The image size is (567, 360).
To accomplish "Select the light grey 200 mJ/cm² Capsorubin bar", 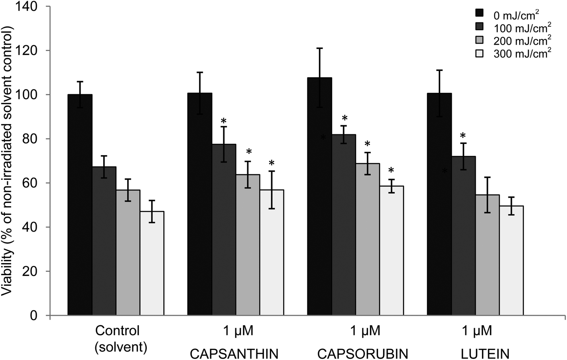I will click(367, 239).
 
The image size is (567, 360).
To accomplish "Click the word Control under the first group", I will click(118, 330).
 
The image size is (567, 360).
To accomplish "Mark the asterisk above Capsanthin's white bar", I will click(272, 163).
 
